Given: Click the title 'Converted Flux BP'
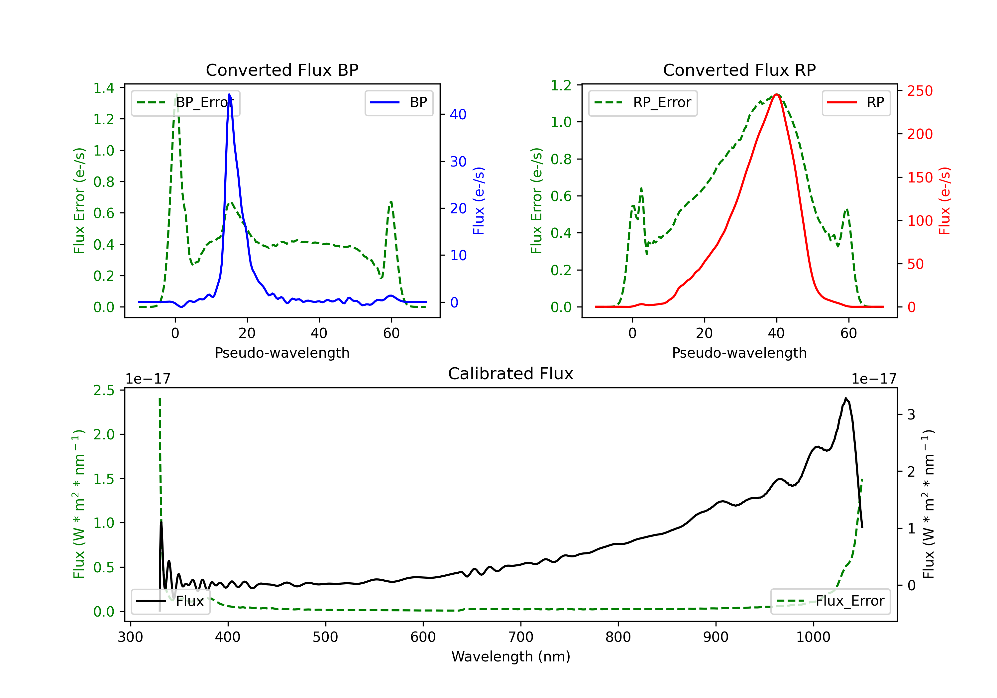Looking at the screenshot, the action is click(x=282, y=70).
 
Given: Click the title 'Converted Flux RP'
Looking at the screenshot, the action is click(x=739, y=70).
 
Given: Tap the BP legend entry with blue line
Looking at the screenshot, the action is click(x=398, y=102).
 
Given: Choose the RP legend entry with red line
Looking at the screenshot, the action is click(x=855, y=102).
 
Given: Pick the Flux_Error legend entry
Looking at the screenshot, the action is click(x=830, y=601).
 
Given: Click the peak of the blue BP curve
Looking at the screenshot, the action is click(x=229, y=94).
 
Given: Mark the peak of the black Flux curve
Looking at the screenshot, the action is click(x=845, y=398).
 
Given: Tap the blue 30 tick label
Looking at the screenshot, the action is click(x=458, y=162).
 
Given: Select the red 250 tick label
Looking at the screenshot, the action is click(x=920, y=91).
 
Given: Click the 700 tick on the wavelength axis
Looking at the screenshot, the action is click(x=521, y=637).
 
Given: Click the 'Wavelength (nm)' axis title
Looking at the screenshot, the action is click(x=511, y=656).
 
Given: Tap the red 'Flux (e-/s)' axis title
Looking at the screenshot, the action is click(x=944, y=201).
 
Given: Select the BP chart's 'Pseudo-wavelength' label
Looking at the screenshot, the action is click(x=282, y=353).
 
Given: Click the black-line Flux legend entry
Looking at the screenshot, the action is click(x=170, y=601).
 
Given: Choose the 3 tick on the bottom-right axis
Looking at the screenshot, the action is click(x=911, y=415).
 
